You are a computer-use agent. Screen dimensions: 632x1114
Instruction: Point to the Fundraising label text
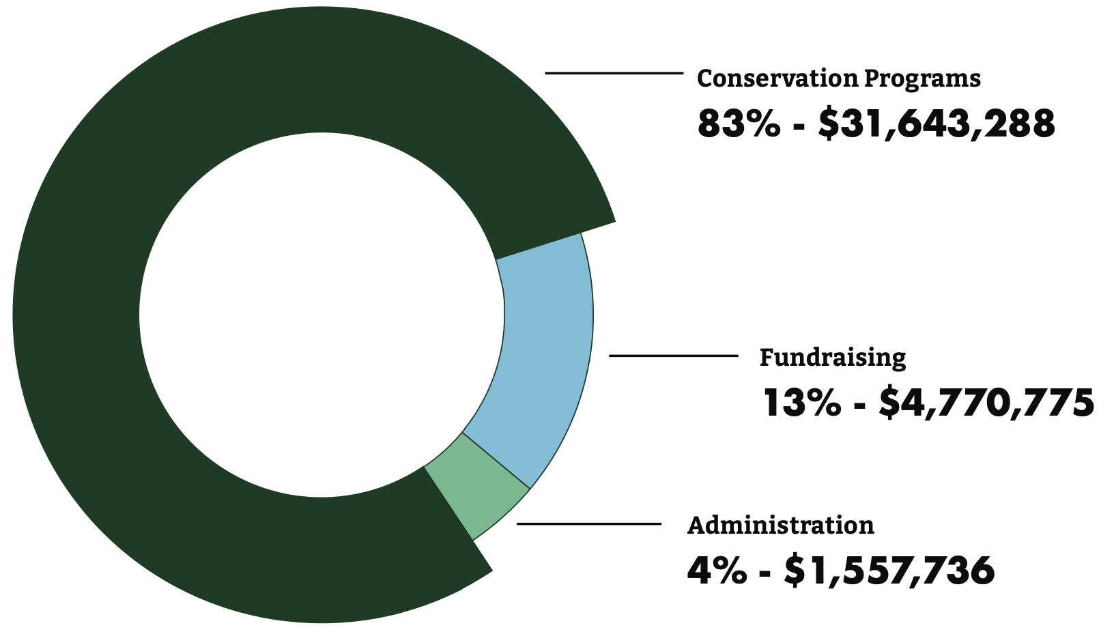833,358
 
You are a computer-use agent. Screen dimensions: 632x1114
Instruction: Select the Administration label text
780,526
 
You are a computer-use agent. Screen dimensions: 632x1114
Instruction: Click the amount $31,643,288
937,125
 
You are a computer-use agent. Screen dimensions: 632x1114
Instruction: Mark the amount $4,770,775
986,403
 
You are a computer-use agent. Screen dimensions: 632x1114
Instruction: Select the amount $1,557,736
889,571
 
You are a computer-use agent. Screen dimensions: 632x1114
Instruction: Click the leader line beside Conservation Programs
614,72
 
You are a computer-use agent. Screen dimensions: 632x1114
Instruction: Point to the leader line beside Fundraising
673,356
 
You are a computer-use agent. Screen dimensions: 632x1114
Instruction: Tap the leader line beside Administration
588,523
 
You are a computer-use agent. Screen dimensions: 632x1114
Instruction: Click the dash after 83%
799,127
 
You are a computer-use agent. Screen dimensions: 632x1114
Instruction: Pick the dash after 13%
860,405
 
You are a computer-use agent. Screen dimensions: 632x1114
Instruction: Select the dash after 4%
766,573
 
